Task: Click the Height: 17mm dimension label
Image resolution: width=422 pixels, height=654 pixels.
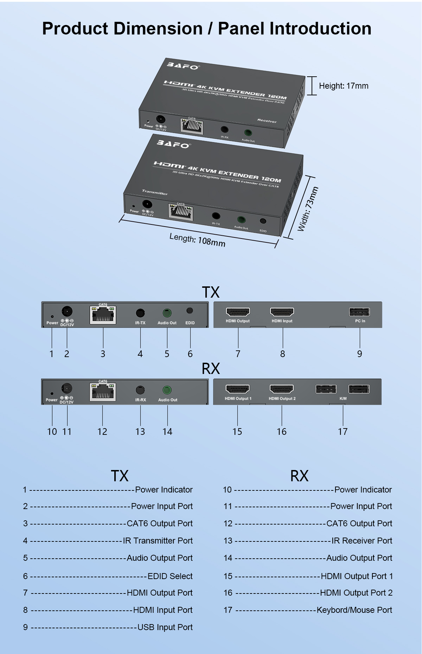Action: coord(343,86)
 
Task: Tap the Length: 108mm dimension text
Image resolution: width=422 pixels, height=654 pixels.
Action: coord(197,240)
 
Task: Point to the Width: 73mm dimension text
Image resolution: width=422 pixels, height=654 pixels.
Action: coord(308,209)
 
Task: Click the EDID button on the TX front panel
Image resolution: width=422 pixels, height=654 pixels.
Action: coord(190,311)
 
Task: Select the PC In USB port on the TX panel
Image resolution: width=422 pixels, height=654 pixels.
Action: coord(359,312)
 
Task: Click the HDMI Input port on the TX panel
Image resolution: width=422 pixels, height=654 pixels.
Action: coord(282,312)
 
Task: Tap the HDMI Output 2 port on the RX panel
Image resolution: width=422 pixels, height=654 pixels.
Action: coord(282,389)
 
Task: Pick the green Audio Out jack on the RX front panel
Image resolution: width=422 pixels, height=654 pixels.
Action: coord(167,390)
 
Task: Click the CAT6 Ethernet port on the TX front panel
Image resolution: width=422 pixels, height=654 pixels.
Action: coord(103,315)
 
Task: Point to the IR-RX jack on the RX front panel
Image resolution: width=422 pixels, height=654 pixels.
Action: coord(140,390)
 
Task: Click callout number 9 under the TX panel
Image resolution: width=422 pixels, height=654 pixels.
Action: coord(359,354)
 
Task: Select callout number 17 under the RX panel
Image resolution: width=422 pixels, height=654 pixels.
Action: coord(343,432)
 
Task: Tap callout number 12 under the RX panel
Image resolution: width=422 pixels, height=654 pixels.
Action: coord(102,432)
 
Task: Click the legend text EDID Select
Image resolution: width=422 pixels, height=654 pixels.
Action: coord(170,576)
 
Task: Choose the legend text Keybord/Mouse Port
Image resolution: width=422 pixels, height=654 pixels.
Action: coord(354,610)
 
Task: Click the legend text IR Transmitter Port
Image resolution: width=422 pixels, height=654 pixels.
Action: coord(158,541)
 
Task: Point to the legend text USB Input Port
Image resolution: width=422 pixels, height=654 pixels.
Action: coord(165,627)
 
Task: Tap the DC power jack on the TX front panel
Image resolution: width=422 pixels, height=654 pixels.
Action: coord(67,311)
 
